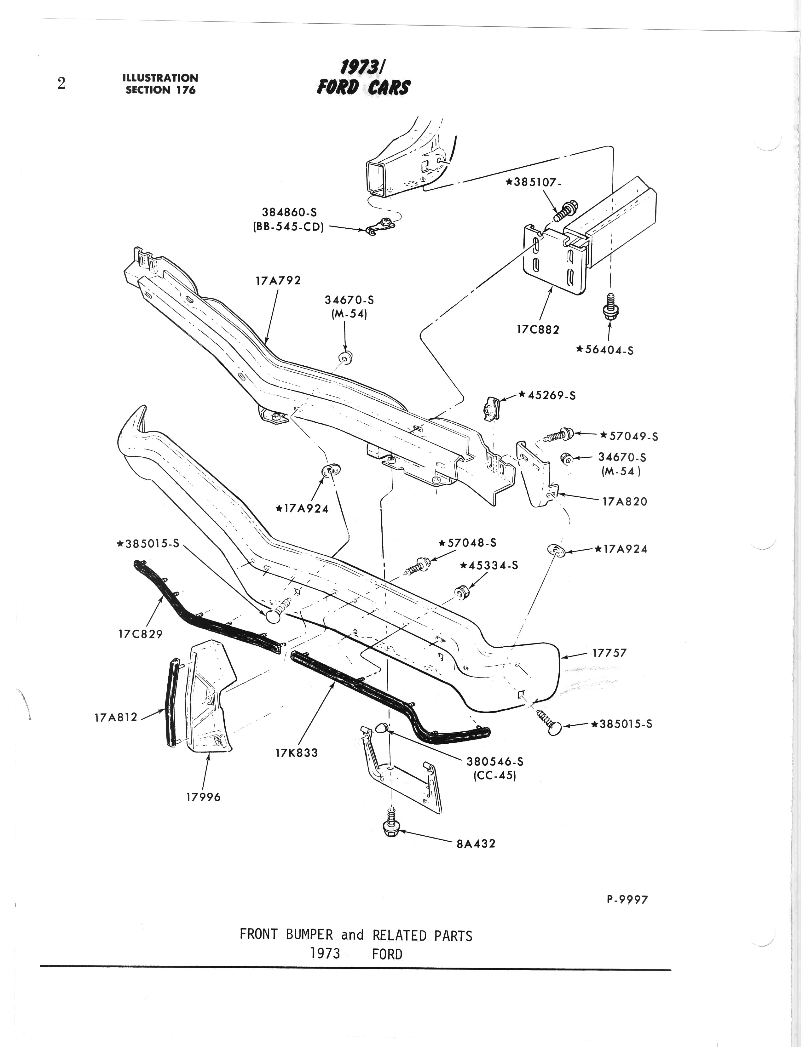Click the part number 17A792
(278, 280)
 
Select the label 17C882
(538, 329)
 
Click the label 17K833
(296, 753)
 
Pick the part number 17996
(203, 797)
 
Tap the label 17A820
(625, 501)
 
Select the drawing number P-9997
(627, 900)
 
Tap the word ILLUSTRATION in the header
(160, 78)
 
